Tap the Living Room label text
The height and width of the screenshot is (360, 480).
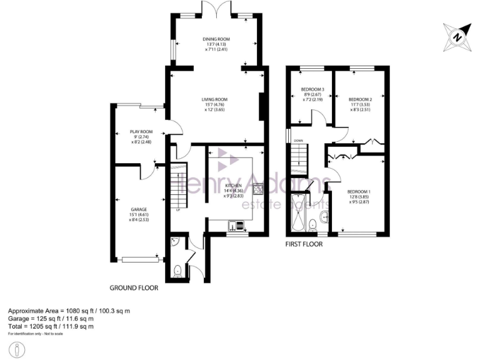(214, 99)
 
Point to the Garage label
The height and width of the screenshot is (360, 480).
(138, 209)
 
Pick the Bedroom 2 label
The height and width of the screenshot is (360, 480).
(360, 99)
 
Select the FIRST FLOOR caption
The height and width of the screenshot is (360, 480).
(304, 244)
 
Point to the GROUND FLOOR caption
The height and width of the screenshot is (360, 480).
(134, 289)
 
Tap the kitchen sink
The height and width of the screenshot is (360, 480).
(236, 225)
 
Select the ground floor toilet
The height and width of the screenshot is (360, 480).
(177, 271)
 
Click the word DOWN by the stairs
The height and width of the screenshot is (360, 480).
(298, 141)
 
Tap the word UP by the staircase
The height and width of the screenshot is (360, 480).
(178, 209)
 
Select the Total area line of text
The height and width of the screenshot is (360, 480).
(51, 326)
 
